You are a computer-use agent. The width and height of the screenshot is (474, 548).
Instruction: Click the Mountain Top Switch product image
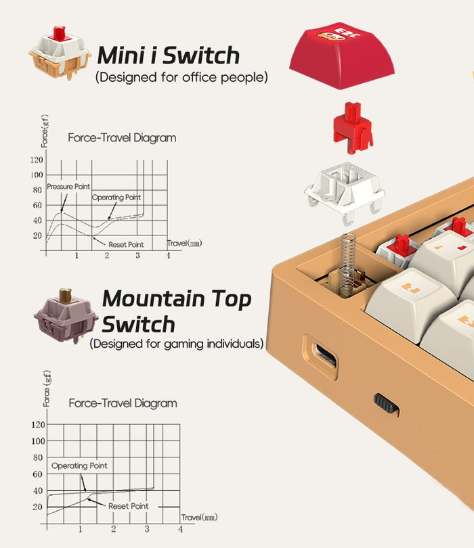66,315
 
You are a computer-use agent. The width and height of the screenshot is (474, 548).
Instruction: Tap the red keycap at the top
342,55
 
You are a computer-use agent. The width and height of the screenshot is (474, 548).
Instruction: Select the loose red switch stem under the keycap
353,128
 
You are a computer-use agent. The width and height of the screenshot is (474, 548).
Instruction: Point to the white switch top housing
345,193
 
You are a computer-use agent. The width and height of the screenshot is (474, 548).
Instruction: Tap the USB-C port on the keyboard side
326,356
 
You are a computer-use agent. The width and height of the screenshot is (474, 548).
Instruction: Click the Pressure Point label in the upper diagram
68,187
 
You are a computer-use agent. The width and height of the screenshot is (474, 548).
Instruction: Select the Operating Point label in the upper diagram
116,197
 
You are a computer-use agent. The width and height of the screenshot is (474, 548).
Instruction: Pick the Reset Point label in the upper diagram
126,245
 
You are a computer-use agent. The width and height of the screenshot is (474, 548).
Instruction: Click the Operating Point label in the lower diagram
79,465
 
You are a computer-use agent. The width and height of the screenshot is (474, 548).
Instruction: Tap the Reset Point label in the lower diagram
129,506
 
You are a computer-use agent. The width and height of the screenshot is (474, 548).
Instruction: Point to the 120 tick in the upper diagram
37,160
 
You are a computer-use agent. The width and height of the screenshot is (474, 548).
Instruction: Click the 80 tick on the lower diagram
37,457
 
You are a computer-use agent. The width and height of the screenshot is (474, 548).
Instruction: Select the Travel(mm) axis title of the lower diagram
199,518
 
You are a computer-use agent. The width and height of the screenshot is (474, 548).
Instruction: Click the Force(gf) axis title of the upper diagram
45,131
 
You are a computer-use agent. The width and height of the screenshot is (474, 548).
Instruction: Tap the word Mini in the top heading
123,55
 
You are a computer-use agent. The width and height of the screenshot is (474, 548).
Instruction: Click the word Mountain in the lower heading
154,299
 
